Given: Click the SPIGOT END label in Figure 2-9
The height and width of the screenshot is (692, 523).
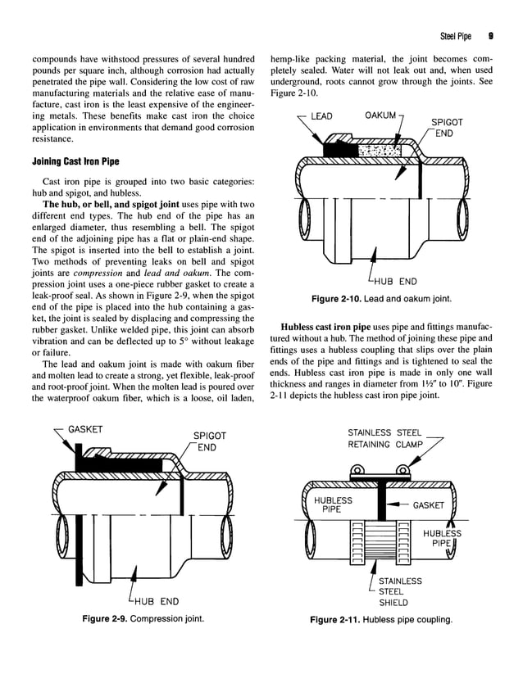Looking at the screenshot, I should point(209,442).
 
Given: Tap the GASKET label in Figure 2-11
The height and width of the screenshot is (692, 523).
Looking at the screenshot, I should point(428,505).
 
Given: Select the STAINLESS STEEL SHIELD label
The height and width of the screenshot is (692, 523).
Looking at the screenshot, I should point(400,591).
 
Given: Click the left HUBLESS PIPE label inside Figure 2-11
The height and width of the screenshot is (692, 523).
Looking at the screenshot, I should point(334,504).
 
